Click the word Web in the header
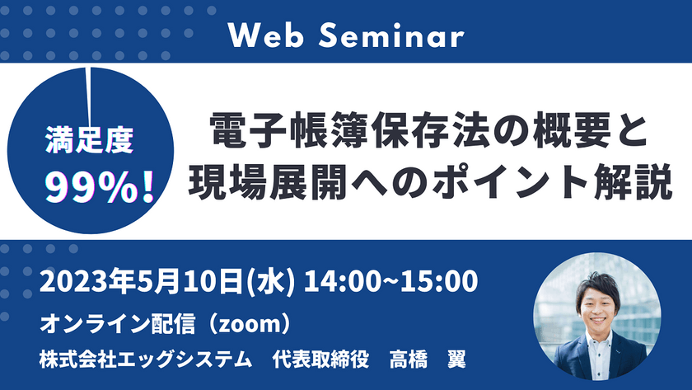[x=265, y=35]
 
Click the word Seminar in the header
[x=391, y=35]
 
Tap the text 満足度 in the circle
[x=89, y=140]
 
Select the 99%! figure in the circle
[x=100, y=188]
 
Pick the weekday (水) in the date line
[x=270, y=281]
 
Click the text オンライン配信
[x=117, y=324]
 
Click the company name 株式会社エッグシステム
[x=146, y=359]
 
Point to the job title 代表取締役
[x=320, y=359]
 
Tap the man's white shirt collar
[x=599, y=341]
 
